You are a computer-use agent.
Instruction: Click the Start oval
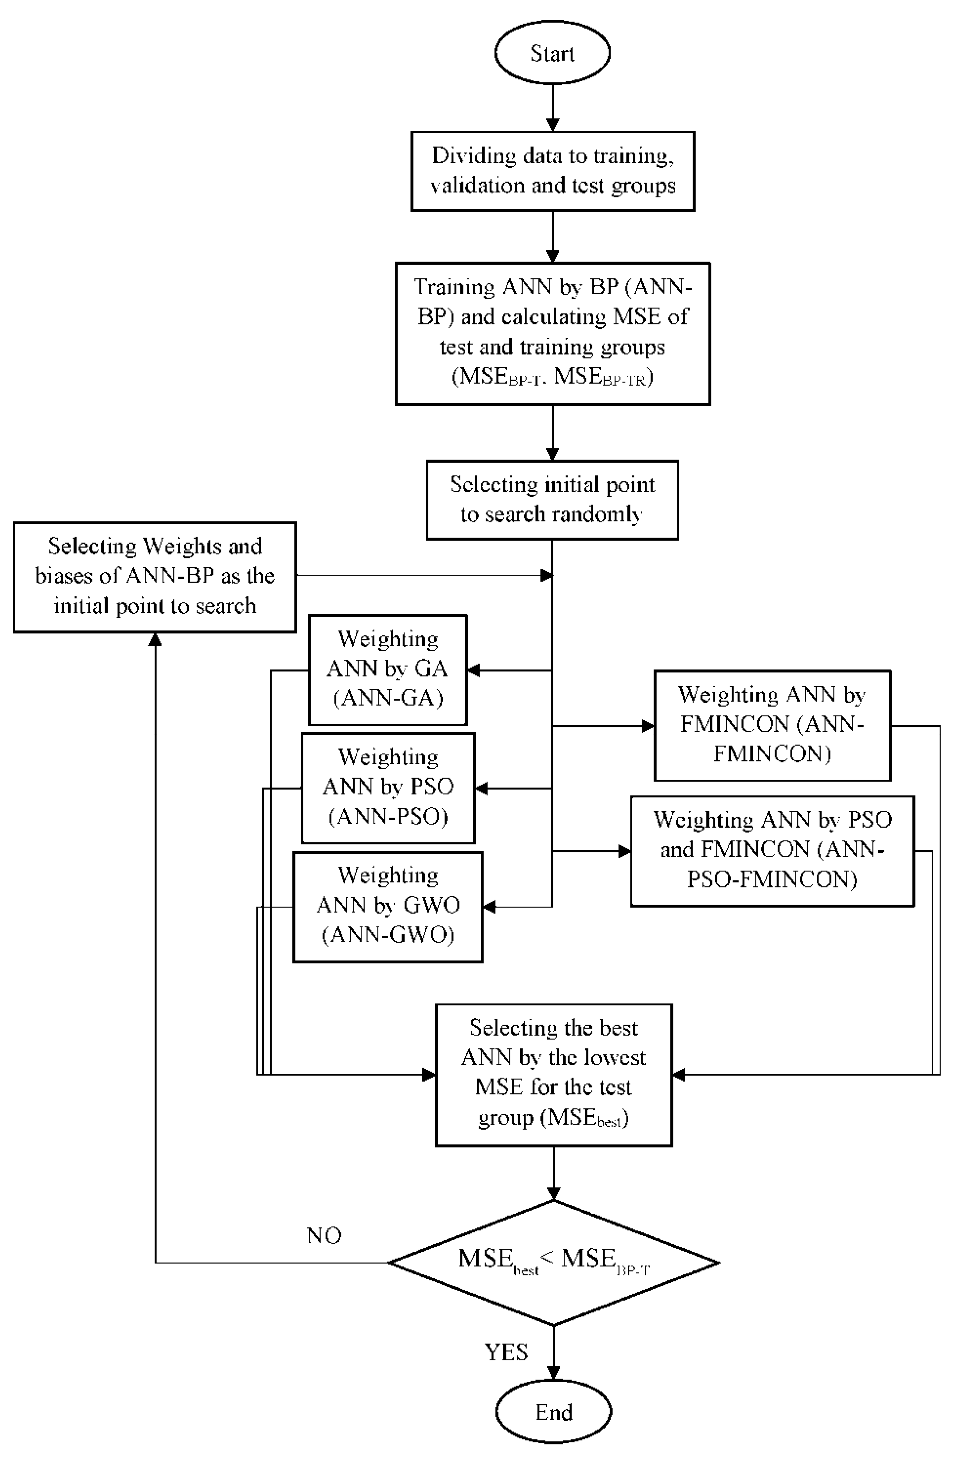pyautogui.click(x=552, y=53)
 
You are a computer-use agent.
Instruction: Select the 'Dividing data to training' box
pyautogui.click(x=553, y=171)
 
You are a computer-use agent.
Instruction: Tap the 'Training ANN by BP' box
pyautogui.click(x=553, y=333)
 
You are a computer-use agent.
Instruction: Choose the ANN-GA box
pyautogui.click(x=388, y=670)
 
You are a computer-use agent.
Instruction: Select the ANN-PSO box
pyautogui.click(x=388, y=788)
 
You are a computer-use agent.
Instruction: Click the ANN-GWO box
pyautogui.click(x=388, y=906)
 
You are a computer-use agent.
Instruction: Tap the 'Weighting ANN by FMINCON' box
pyautogui.click(x=772, y=725)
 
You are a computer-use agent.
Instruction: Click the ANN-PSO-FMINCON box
pyautogui.click(x=772, y=851)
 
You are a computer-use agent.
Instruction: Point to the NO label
pyautogui.click(x=324, y=1235)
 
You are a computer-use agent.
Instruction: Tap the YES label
pyautogui.click(x=506, y=1352)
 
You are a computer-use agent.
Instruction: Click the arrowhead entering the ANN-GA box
pyautogui.click(x=474, y=670)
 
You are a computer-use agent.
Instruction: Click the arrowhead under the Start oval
pyautogui.click(x=552, y=124)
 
